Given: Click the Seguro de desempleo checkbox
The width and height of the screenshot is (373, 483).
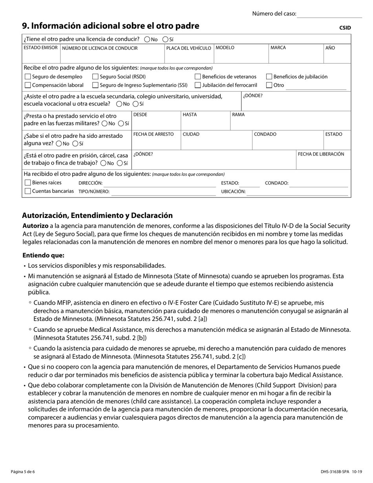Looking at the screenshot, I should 27,77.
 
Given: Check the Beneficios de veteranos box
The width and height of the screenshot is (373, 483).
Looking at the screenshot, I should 198,77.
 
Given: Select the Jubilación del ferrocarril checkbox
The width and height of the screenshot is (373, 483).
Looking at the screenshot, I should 198,85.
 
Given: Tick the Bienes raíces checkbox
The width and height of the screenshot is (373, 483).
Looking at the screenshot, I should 27,183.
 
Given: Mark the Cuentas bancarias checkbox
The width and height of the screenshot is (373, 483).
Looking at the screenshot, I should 27,191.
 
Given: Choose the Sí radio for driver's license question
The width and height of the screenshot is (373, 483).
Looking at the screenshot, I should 166,39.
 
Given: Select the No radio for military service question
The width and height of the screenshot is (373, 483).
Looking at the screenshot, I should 104,124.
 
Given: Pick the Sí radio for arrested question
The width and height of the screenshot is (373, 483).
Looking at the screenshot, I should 75,144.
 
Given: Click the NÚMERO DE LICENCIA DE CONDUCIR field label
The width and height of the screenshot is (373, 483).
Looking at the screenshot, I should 100,48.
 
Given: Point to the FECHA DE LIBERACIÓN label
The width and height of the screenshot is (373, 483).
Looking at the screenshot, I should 321,154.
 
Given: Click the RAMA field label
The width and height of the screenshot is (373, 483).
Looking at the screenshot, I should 238,115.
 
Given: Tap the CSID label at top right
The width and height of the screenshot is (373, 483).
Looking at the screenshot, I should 345,28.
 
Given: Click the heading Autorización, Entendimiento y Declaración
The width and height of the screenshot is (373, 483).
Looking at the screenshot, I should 97,216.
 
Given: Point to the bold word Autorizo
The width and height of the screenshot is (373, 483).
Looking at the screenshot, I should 35,226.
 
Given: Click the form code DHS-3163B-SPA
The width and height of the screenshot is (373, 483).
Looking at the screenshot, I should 335,472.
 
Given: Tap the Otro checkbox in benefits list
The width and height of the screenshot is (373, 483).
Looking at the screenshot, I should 269,85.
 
